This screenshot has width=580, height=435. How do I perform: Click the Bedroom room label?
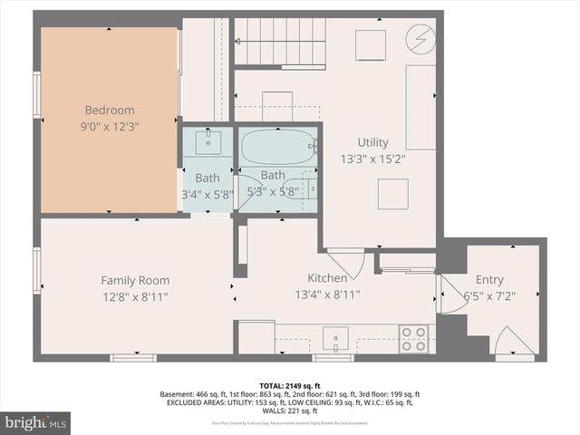pos(110,111)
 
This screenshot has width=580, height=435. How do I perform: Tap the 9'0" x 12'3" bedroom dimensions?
pos(110,128)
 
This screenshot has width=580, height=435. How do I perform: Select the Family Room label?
pos(135,280)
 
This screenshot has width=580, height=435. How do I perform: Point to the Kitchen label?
pos(327,278)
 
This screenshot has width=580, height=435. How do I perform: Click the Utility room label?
pos(372,142)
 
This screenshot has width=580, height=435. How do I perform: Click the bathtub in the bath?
pos(278,145)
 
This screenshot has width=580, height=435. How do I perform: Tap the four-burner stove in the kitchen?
pos(414,339)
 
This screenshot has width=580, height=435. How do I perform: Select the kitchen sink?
pos(334,340)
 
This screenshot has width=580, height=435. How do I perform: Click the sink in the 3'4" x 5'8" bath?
pos(210,140)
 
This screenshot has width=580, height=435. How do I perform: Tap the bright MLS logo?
pos(36,422)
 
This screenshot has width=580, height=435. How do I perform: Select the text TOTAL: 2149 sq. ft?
pos(289,384)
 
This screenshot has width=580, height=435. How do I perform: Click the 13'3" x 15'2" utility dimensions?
pos(372,159)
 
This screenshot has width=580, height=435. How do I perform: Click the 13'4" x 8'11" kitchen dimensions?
pos(327,295)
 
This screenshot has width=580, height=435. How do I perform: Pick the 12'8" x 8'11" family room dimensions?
pos(135,296)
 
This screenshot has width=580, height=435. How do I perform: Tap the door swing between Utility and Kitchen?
pos(349,262)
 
